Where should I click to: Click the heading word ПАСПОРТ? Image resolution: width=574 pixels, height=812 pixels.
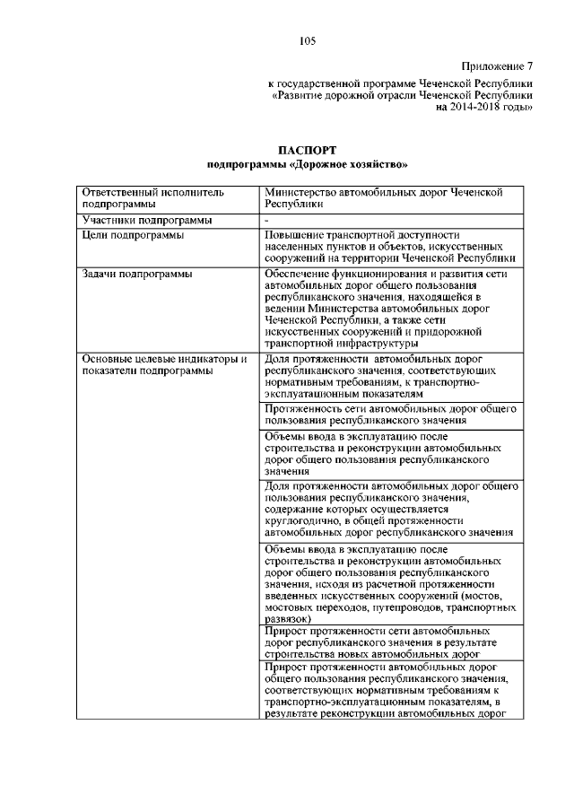pos(307,149)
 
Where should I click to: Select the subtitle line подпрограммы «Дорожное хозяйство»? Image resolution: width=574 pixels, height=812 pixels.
pos(307,163)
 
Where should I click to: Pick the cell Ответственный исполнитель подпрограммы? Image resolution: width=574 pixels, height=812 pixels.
pos(152,198)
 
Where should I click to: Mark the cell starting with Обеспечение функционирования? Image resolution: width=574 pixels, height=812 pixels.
pos(386,308)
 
